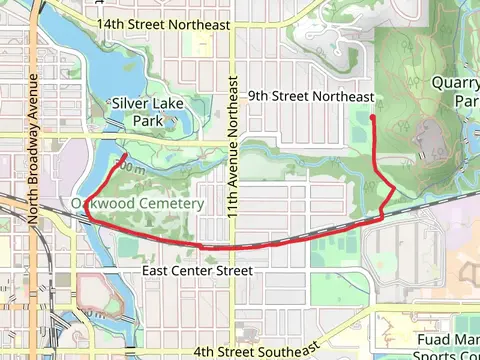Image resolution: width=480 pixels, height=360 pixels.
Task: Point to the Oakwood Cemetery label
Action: click(137, 203)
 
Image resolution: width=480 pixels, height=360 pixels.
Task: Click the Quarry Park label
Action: click(458, 92)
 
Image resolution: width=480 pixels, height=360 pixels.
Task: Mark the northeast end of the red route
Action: click(372, 117)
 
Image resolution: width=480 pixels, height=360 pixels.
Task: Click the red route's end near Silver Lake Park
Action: click(123, 157)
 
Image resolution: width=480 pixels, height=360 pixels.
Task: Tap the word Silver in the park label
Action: click(130, 102)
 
